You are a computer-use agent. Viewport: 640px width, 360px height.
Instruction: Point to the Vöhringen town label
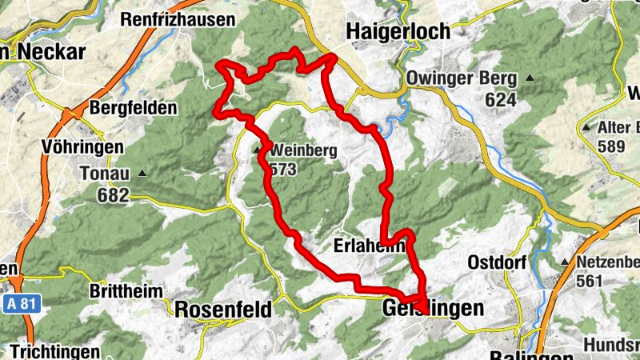click(x=82, y=147)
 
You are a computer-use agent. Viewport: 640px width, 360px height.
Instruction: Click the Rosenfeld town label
click(x=223, y=309)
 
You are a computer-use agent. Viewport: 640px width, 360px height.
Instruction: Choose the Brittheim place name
click(x=126, y=291)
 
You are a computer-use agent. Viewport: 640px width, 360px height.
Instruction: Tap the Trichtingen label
click(x=56, y=352)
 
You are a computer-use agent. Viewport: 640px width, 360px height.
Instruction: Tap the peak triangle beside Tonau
click(x=142, y=172)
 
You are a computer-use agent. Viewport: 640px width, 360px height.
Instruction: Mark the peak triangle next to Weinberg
click(x=258, y=149)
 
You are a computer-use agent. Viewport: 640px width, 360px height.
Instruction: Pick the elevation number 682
click(x=113, y=194)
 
